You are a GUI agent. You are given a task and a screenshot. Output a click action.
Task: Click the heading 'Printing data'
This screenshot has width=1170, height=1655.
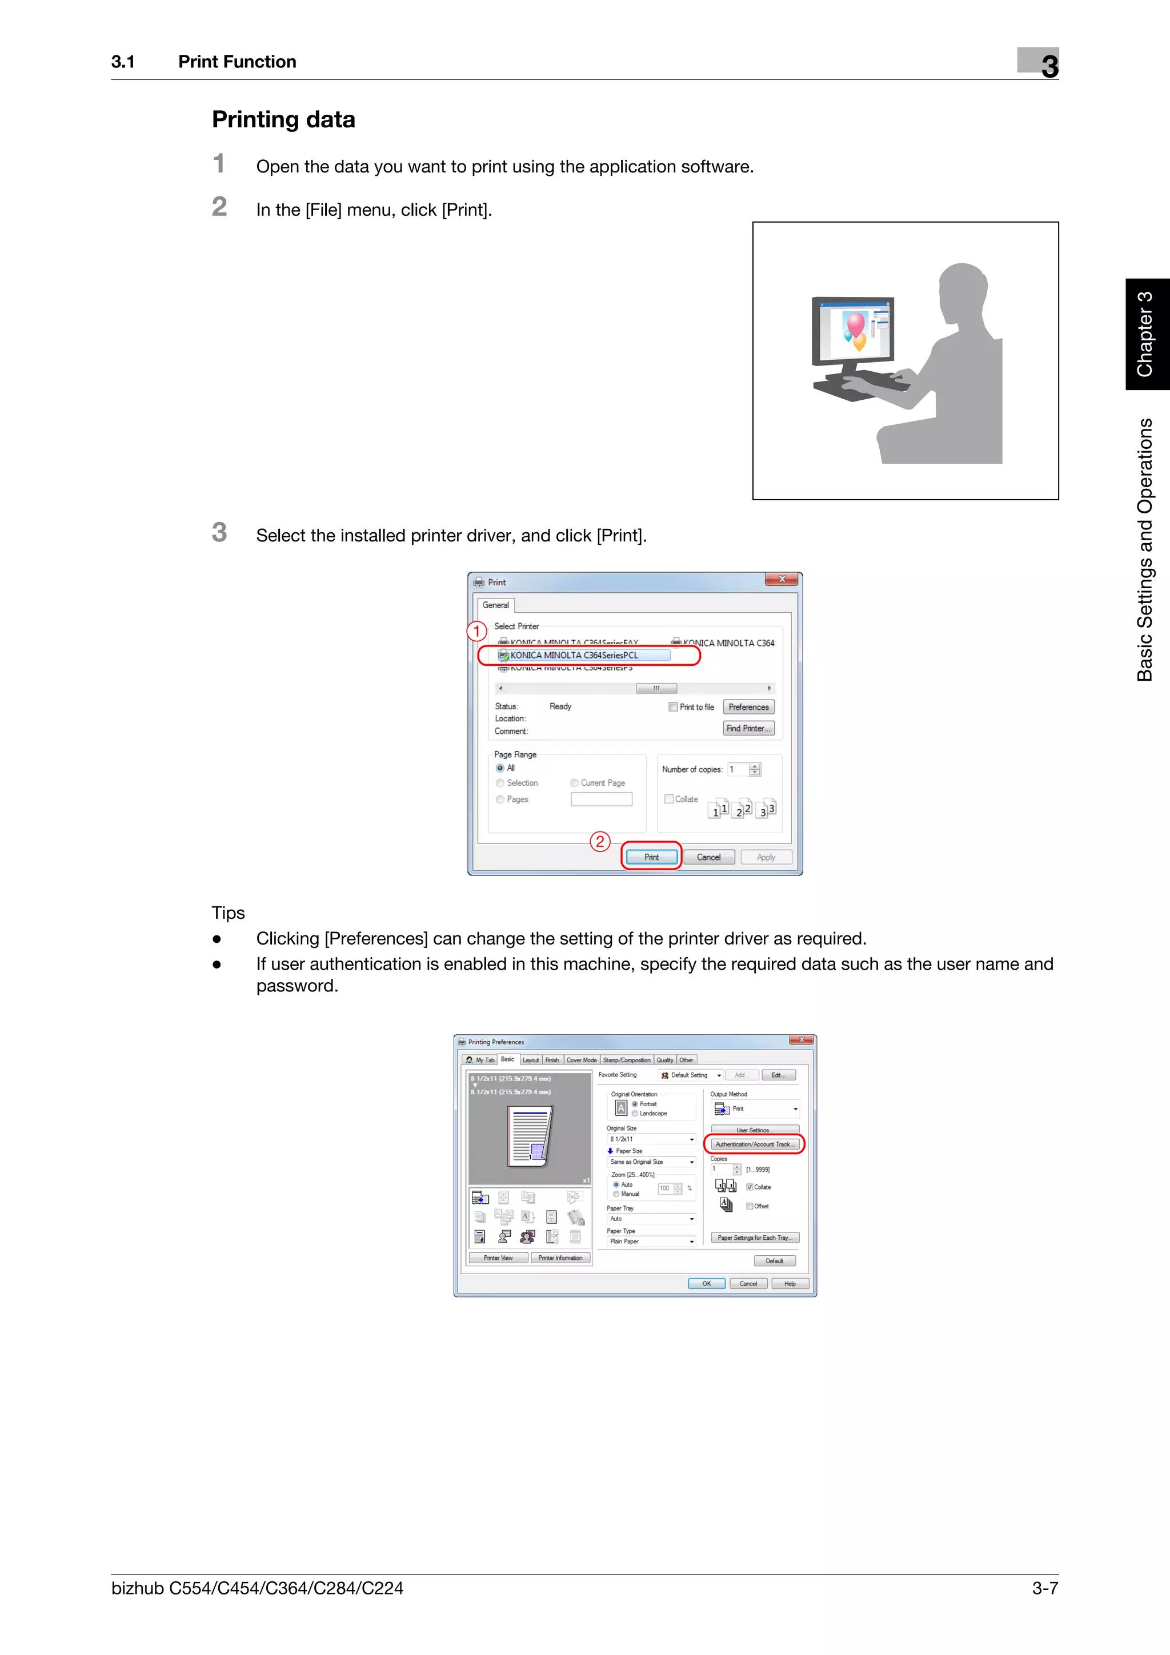[x=283, y=120]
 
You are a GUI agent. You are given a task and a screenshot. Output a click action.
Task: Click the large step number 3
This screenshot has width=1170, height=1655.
[x=219, y=533]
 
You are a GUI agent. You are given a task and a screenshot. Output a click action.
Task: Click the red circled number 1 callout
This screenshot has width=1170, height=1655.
[x=476, y=632]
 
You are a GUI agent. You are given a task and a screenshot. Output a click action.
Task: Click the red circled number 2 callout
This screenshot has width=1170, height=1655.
[x=600, y=841]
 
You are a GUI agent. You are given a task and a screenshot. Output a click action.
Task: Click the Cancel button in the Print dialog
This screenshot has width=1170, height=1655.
[x=708, y=857]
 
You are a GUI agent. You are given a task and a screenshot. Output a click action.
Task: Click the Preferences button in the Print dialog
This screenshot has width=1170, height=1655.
[x=748, y=707]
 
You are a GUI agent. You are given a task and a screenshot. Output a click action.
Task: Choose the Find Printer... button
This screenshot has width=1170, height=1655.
[x=748, y=728]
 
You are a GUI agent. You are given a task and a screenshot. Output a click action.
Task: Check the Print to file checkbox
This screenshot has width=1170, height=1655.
[x=672, y=707]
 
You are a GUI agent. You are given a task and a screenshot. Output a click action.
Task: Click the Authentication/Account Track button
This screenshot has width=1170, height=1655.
[x=754, y=1144]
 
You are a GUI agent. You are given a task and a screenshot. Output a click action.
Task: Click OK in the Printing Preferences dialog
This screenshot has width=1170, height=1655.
[x=707, y=1283]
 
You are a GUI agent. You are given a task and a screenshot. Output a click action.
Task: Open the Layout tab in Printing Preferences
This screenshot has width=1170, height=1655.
[x=531, y=1061]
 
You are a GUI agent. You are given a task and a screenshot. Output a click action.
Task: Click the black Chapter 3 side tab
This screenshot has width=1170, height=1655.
[x=1146, y=334]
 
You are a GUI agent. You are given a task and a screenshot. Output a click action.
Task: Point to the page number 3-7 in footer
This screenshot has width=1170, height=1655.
[x=1044, y=1588]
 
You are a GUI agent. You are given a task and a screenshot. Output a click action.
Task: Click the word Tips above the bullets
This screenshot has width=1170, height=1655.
[x=228, y=913]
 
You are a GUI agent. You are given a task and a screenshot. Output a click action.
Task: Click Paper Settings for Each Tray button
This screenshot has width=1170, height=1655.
[x=754, y=1238]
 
